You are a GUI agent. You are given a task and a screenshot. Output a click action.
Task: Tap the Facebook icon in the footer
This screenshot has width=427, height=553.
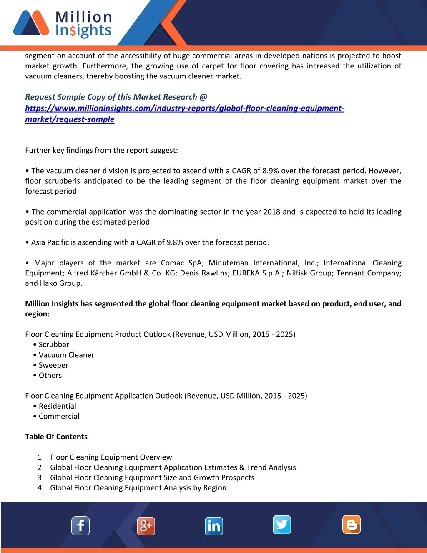[80, 526]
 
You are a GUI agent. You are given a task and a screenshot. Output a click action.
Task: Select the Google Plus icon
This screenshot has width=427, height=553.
[146, 526]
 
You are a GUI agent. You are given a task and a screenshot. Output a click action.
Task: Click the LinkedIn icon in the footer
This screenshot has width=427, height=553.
[214, 526]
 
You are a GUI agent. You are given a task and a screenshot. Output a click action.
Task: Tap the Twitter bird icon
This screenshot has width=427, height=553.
[282, 525]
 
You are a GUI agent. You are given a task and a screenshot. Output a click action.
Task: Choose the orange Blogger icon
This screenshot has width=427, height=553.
[352, 525]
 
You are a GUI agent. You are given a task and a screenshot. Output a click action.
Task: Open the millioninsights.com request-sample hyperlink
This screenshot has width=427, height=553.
[184, 109]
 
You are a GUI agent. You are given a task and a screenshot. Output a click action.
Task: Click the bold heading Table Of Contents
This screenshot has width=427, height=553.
[56, 437]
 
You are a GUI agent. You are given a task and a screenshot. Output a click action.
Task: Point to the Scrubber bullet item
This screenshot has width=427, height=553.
[54, 345]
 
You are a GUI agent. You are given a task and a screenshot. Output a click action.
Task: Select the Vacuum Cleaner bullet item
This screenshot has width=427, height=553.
[66, 355]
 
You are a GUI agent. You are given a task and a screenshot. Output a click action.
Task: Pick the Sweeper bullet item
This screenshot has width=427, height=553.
[53, 365]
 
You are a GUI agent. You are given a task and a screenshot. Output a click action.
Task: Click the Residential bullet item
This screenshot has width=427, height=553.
[57, 406]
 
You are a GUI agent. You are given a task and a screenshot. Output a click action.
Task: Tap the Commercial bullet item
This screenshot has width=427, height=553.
[59, 416]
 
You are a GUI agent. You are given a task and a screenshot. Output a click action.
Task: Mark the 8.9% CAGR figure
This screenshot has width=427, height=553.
[271, 171]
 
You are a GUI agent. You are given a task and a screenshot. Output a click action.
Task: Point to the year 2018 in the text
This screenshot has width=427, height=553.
[271, 212]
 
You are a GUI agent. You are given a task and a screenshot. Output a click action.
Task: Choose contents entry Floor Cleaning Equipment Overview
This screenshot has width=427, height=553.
[111, 457]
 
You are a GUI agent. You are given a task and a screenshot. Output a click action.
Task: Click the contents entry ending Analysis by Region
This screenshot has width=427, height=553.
[138, 488]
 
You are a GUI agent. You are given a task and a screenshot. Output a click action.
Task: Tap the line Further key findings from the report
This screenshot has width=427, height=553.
[101, 150]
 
